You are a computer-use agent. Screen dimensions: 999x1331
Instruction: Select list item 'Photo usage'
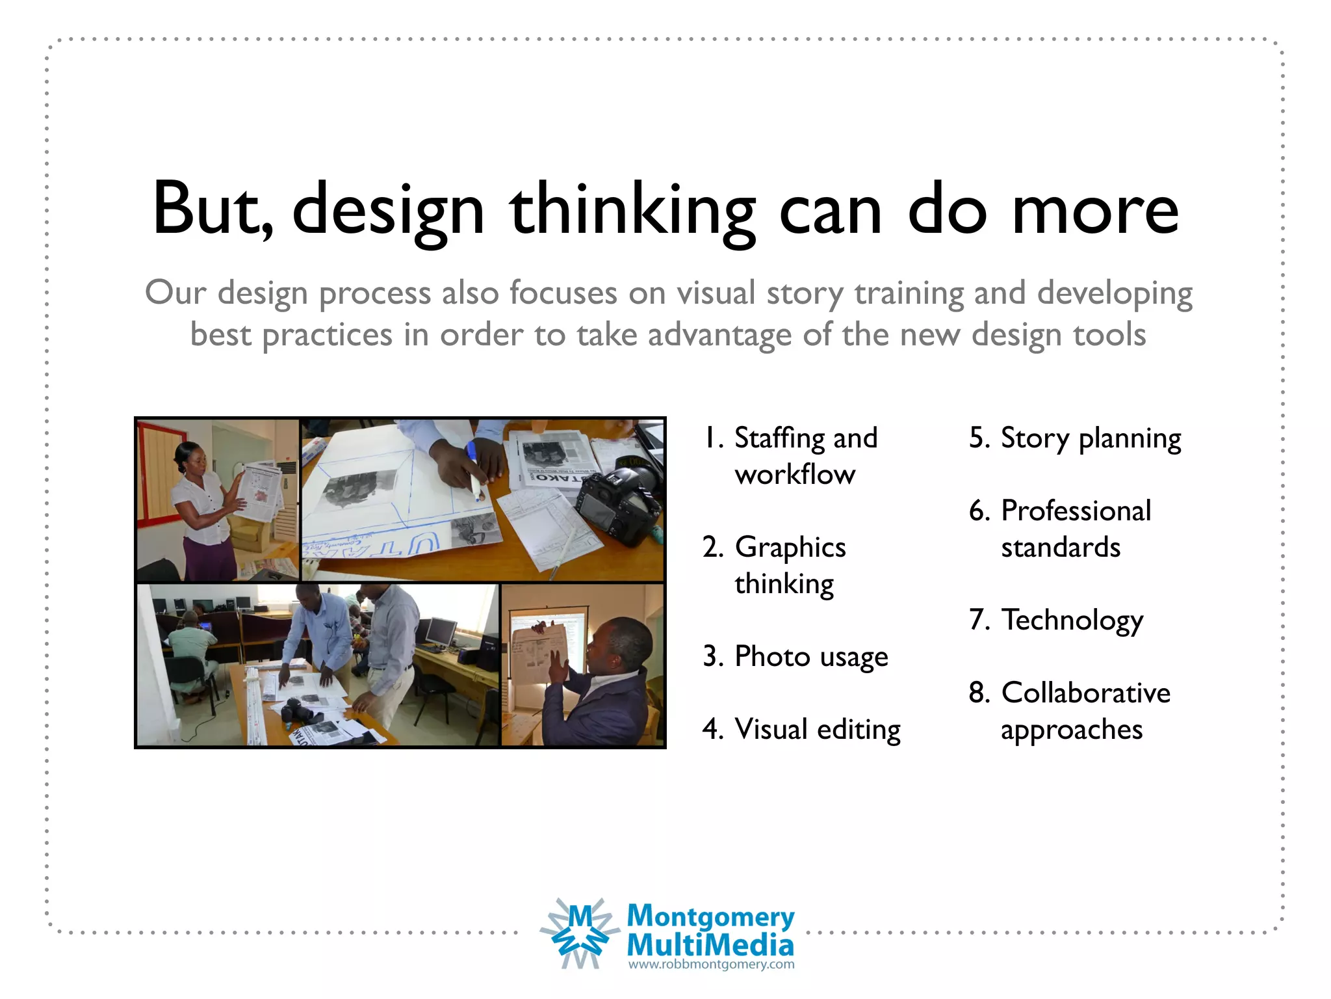pyautogui.click(x=810, y=656)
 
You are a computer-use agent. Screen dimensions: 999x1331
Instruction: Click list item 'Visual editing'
pyautogui.click(x=817, y=729)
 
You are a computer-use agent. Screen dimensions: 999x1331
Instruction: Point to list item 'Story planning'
pyautogui.click(x=1090, y=438)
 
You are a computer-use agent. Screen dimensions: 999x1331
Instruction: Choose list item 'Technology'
pyautogui.click(x=1072, y=620)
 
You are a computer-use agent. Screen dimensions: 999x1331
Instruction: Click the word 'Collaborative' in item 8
pyautogui.click(x=1085, y=693)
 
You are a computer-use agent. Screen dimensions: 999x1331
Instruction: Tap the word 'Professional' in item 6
pyautogui.click(x=1076, y=511)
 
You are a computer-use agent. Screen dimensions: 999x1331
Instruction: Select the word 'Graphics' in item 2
pyautogui.click(x=790, y=548)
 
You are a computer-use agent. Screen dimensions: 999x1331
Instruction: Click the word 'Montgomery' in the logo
pyautogui.click(x=710, y=916)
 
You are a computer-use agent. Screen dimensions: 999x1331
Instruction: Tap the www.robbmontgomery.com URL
pyautogui.click(x=711, y=965)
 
